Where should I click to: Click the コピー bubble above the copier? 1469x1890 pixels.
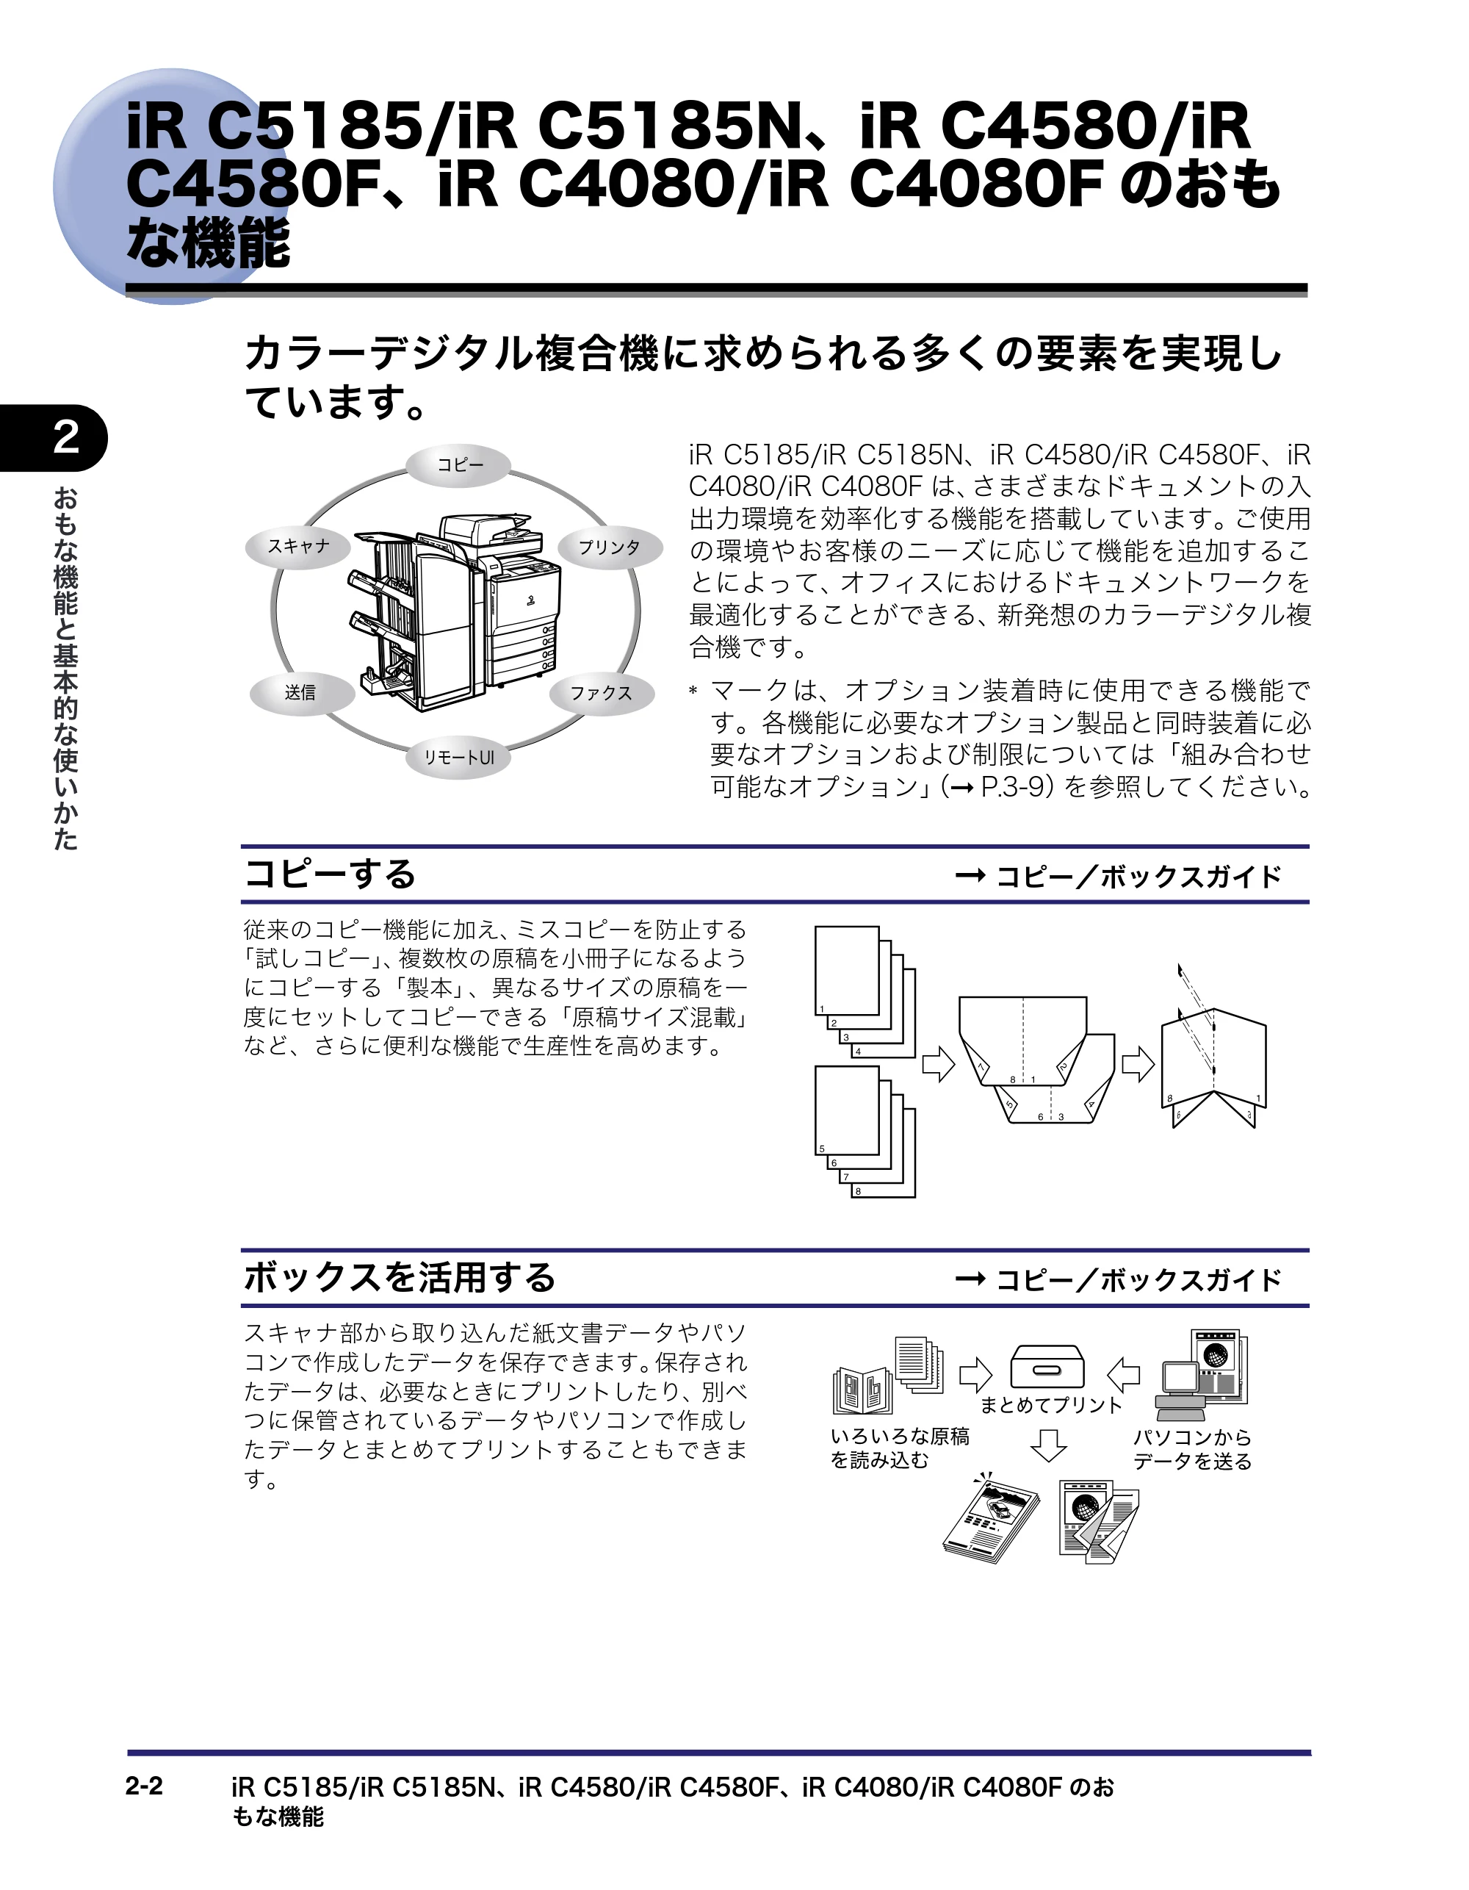click(x=459, y=464)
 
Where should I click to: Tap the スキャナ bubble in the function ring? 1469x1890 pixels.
click(x=298, y=547)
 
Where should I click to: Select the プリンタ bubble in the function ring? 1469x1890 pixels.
click(x=609, y=547)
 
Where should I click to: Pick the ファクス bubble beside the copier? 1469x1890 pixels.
click(x=602, y=693)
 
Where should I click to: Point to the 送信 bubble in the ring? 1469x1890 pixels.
click(x=301, y=693)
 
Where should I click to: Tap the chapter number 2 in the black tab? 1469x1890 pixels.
click(x=66, y=438)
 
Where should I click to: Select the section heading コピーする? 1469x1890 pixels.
click(x=330, y=874)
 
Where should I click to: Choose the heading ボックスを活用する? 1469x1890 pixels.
click(x=400, y=1277)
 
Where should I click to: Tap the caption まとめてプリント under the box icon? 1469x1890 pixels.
click(x=1050, y=1406)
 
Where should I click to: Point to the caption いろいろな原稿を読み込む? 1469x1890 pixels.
click(x=900, y=1448)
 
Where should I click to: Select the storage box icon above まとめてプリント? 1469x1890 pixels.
click(x=1047, y=1367)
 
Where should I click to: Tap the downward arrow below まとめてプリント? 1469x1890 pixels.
click(x=1049, y=1445)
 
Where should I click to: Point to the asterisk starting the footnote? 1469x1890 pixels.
click(x=693, y=691)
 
